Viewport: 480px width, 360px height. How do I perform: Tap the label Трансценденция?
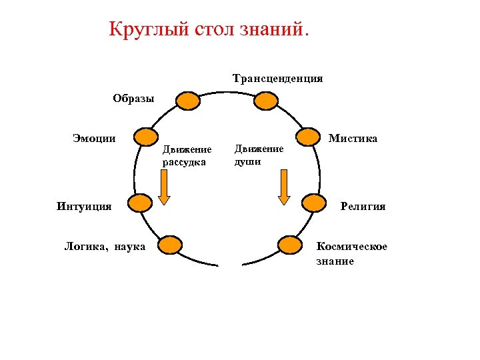pos(278,79)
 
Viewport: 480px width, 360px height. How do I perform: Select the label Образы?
pos(133,99)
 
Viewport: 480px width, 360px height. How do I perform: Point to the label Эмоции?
pos(94,138)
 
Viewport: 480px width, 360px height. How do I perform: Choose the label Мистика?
pos(353,139)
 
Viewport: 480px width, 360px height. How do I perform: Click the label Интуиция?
pos(84,206)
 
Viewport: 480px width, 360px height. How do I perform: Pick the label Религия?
pos(363,206)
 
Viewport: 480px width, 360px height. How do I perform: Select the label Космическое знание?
pos(351,254)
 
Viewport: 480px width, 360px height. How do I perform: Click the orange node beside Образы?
pos(188,101)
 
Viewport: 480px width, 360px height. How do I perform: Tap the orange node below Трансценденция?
pos(266,101)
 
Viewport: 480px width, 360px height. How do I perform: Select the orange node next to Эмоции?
pos(146,137)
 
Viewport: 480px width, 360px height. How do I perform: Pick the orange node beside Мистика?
pos(309,137)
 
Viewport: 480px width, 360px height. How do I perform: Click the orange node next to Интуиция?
pos(140,203)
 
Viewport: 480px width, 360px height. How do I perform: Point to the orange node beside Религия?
pos(315,203)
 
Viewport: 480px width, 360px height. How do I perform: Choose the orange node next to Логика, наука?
pos(169,245)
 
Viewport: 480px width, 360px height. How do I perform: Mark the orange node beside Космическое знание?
pos(290,245)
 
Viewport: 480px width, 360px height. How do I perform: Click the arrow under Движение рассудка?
pos(164,187)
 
